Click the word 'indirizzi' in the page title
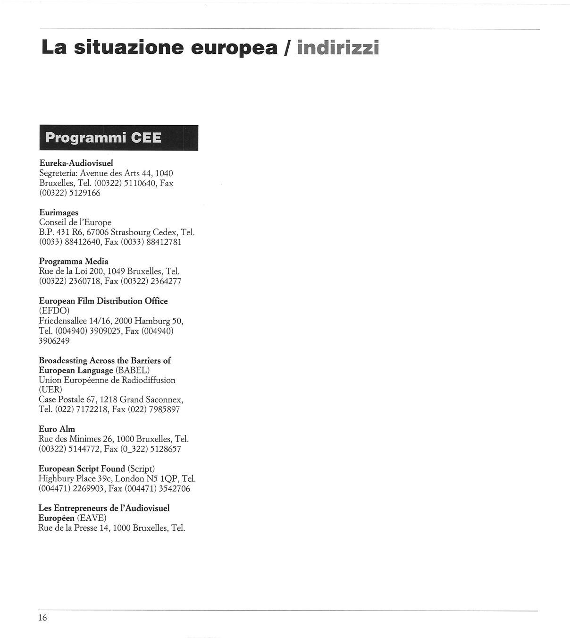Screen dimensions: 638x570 338,47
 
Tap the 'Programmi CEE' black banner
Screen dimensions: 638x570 118,138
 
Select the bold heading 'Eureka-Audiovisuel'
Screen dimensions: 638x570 76,163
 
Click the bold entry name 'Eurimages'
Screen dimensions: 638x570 59,213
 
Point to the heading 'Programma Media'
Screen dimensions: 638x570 74,261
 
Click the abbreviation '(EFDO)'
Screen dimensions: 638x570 54,311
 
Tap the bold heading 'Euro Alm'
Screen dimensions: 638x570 57,429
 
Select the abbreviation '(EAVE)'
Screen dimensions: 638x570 92,518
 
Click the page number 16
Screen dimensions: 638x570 43,618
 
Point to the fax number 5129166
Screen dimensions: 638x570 85,193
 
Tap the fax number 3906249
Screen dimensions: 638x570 54,341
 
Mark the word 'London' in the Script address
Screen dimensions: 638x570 130,478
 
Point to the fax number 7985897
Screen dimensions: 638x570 164,410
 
